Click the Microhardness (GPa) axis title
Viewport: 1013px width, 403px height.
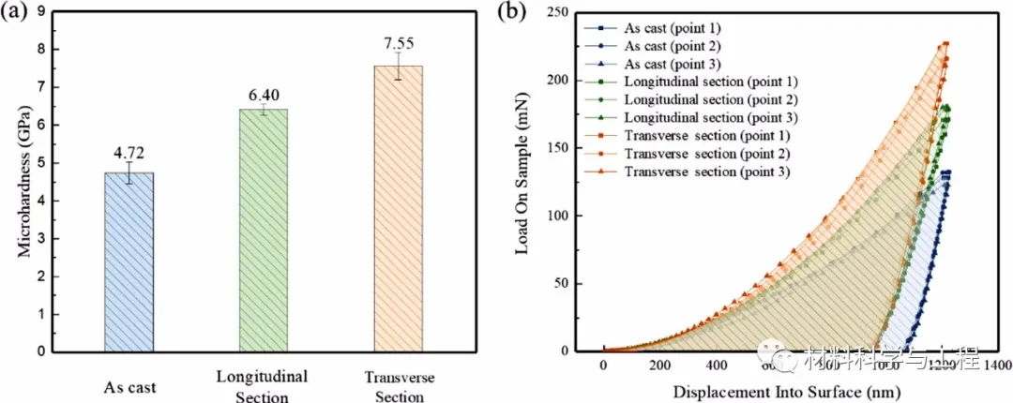[x=26, y=182]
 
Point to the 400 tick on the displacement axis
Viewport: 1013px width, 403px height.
[x=717, y=366]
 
